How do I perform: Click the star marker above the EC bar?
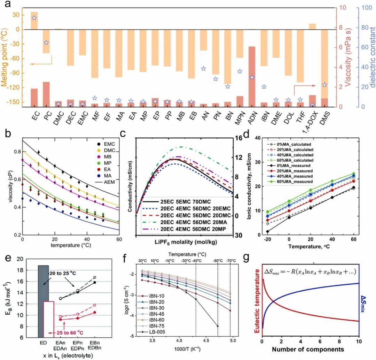pos(34,18)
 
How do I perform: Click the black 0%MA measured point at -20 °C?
pos(268,231)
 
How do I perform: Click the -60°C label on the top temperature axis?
pos(218,262)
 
